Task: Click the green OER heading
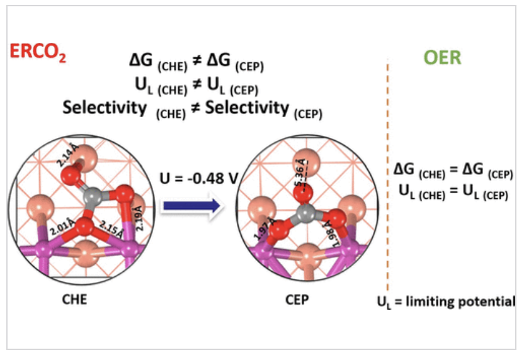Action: [442, 59]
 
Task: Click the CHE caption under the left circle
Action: [74, 300]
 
